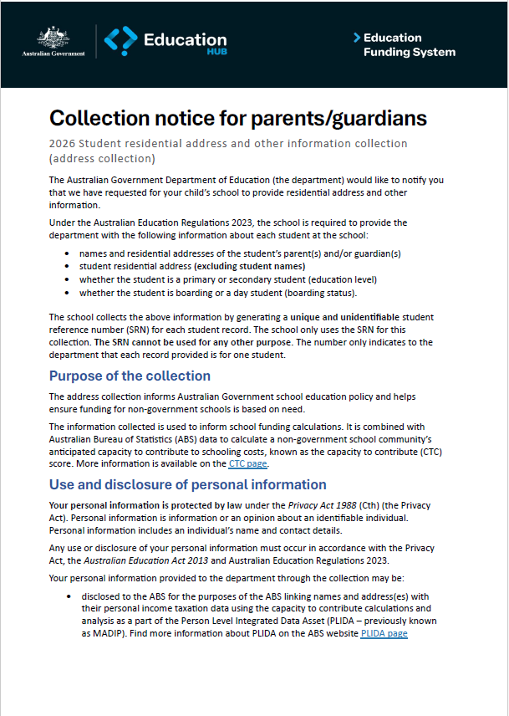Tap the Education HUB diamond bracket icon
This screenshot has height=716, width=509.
pos(120,41)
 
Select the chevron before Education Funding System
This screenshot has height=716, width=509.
pos(357,38)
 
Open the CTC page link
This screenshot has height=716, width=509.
pos(247,463)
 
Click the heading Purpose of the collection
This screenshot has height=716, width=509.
pos(130,376)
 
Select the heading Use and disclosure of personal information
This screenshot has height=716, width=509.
pos(187,484)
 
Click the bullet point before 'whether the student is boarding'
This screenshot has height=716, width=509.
pos(67,294)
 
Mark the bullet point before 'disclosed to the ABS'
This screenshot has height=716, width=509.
pos(67,596)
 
